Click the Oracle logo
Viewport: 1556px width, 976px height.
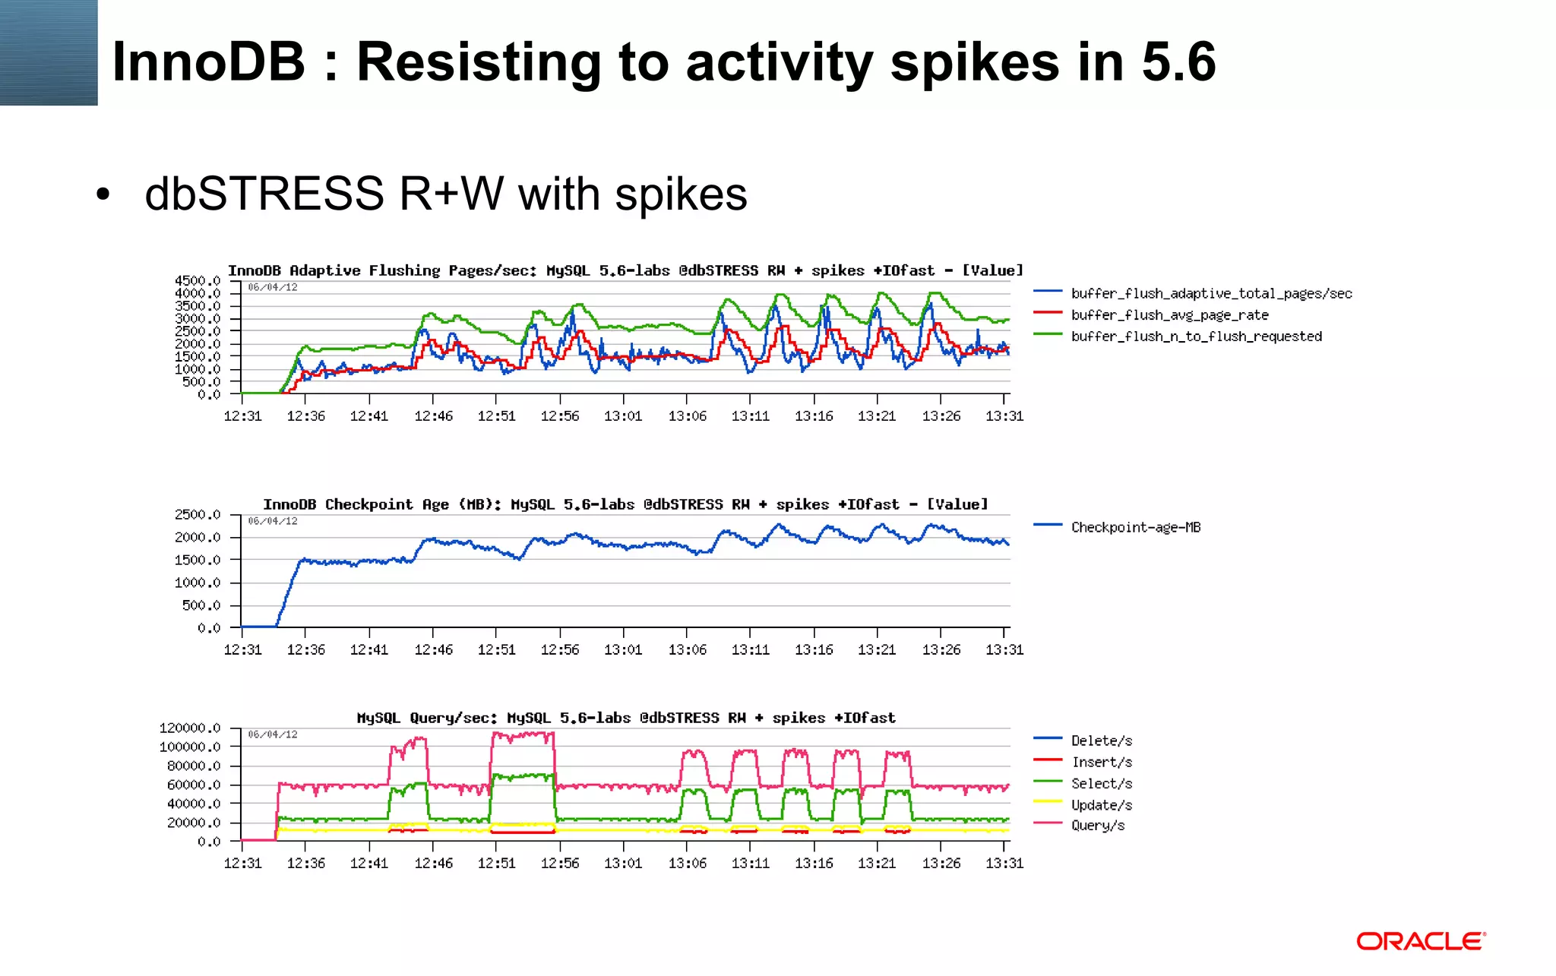coord(1421,942)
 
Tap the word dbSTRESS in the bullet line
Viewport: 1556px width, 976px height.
coord(264,194)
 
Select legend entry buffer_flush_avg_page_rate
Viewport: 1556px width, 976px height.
coord(1169,315)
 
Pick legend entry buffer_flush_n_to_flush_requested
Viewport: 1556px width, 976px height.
coord(1196,336)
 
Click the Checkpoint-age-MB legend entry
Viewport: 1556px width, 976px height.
coord(1135,527)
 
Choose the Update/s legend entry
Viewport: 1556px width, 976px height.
coord(1101,805)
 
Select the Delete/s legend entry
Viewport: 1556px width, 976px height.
coord(1101,741)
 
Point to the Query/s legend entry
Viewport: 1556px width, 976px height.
coord(1098,826)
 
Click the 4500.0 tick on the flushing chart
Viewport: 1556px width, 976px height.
coord(198,281)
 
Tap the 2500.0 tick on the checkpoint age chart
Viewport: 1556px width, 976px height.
coord(198,515)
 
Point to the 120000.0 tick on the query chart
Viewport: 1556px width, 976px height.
coord(190,728)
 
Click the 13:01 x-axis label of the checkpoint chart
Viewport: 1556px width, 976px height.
coord(623,650)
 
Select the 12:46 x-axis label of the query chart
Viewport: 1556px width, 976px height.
coord(433,864)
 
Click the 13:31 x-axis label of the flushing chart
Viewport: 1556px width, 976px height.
coord(1004,416)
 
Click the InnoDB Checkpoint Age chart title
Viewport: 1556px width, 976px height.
coord(625,504)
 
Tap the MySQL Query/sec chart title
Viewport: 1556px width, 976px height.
coord(625,718)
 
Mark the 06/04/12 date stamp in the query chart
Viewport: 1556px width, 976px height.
coord(273,734)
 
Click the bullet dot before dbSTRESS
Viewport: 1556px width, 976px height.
coord(103,194)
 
